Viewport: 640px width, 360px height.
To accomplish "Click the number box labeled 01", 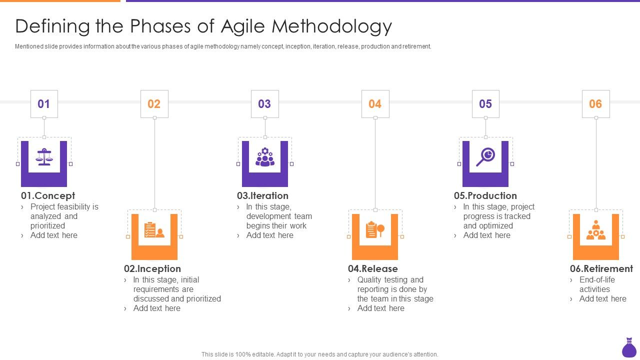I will (44, 104).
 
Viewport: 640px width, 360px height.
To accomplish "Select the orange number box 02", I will (154, 104).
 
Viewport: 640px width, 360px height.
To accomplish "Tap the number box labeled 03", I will (264, 104).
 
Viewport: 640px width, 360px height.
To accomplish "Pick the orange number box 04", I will (375, 104).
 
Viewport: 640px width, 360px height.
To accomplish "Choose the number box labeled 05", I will (485, 104).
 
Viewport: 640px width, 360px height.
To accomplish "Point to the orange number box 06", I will (595, 104).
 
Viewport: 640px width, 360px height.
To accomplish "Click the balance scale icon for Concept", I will (44, 157).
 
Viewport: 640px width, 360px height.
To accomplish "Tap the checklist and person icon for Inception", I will (154, 230).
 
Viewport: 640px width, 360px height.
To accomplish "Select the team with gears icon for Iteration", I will (264, 157).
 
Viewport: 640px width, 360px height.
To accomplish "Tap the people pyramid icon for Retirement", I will (595, 230).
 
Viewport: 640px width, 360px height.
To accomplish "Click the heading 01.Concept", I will (48, 195).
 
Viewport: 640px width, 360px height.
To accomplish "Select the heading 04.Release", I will (373, 268).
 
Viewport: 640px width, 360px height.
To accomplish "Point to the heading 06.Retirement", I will (601, 268).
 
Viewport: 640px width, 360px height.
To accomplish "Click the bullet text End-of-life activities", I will (596, 284).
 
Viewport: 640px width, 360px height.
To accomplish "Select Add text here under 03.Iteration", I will (269, 235).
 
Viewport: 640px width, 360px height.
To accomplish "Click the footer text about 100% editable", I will (320, 354).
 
